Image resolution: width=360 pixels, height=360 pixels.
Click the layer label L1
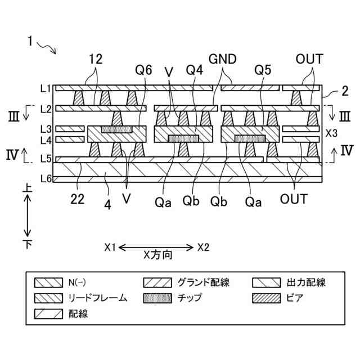coord(45,88)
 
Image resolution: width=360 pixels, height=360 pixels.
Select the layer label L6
coord(45,179)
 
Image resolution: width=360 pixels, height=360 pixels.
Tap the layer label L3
coord(45,129)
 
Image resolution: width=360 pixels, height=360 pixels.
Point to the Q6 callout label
coord(143,71)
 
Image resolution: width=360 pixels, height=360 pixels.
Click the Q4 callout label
coord(194,71)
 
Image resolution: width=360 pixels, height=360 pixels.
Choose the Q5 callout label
coord(263,71)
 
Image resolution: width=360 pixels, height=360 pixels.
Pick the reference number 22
coord(77,197)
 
